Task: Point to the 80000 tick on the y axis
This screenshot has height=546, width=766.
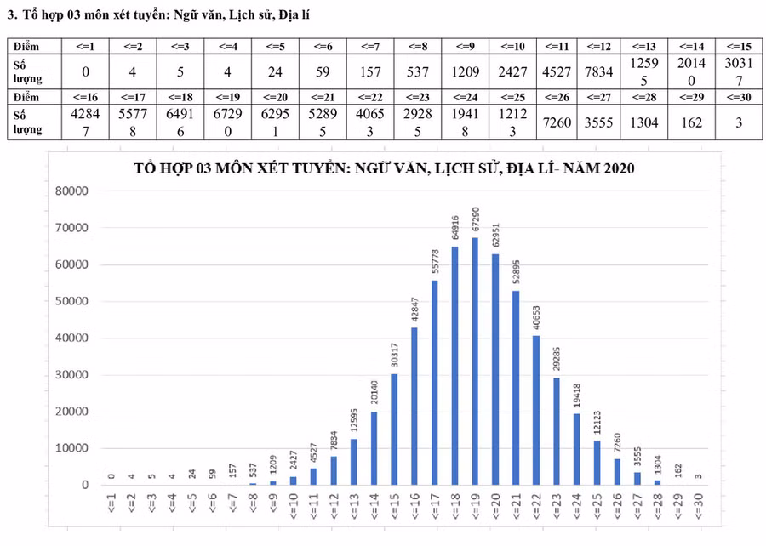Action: (x=71, y=191)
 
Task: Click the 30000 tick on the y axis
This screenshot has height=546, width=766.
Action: (x=71, y=375)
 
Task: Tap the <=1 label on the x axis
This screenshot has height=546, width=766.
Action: (x=111, y=510)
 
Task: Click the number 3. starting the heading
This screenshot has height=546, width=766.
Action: (x=12, y=13)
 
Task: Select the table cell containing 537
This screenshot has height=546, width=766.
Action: (x=418, y=71)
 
